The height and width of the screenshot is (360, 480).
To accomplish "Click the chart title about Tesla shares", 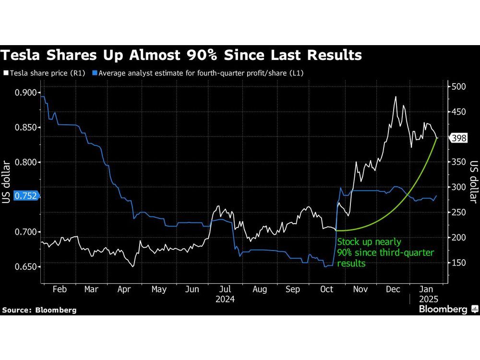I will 181,56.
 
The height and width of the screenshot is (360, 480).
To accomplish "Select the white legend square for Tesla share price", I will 6,73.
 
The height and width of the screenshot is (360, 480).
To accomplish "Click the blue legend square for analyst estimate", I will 96,73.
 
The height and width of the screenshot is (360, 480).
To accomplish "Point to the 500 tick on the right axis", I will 458,87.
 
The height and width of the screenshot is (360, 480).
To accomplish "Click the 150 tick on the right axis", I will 458,263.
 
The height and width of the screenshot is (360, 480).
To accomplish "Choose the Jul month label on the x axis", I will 225,289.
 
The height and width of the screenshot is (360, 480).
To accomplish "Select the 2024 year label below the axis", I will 225,300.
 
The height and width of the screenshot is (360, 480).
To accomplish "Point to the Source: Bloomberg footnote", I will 39,310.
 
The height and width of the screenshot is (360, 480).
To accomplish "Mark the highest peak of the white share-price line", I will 396,96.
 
